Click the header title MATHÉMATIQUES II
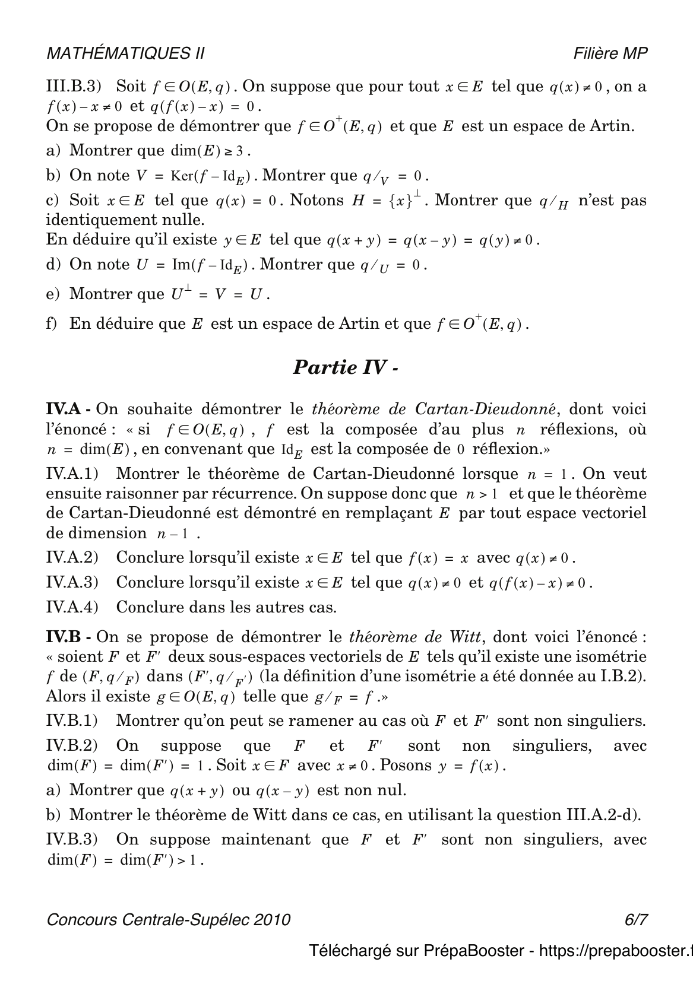[125, 53]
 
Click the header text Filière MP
[610, 53]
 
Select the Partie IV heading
[345, 367]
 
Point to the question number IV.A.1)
[72, 474]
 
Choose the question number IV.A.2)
[72, 557]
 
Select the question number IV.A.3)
[72, 582]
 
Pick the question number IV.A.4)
[72, 607]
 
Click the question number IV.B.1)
[72, 721]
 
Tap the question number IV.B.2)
[72, 746]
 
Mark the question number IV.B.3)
[72, 839]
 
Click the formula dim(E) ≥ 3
[207, 151]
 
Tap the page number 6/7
[635, 919]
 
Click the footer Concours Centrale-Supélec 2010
[169, 919]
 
